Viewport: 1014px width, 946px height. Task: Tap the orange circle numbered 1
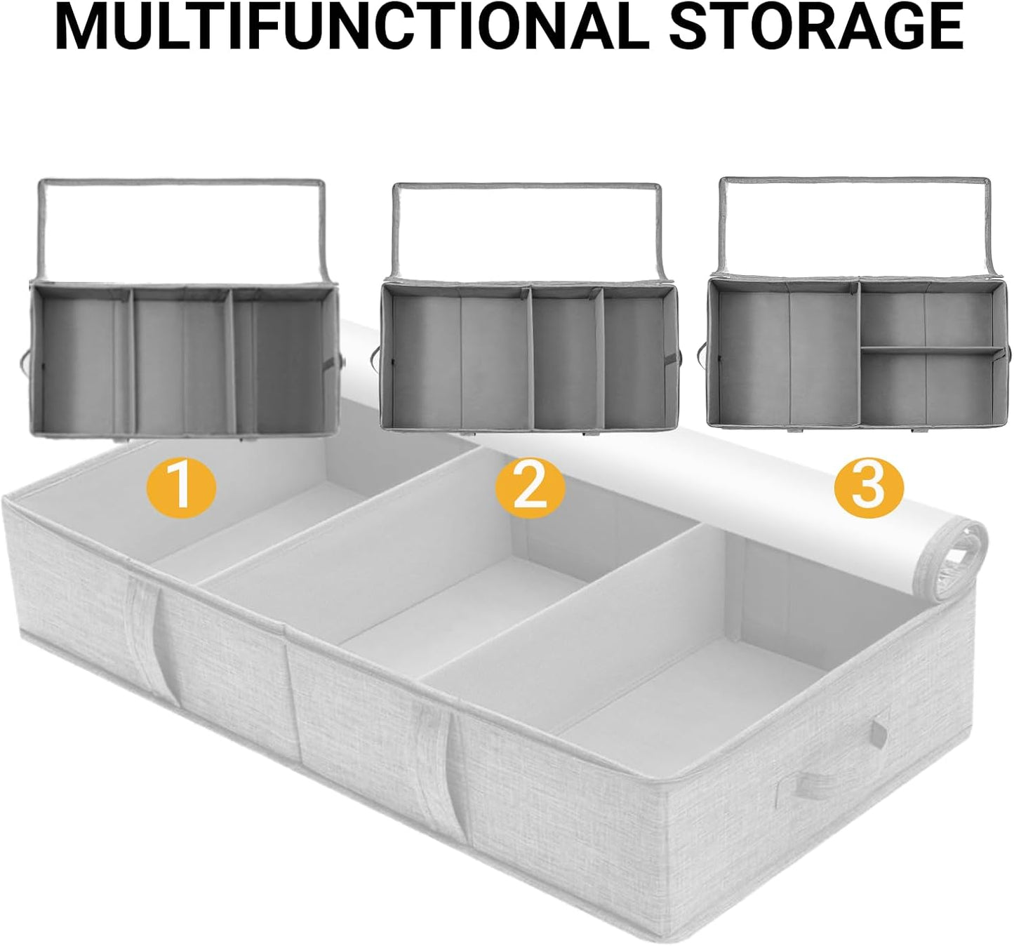tap(182, 485)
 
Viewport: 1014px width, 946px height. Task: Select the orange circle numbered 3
tap(869, 486)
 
